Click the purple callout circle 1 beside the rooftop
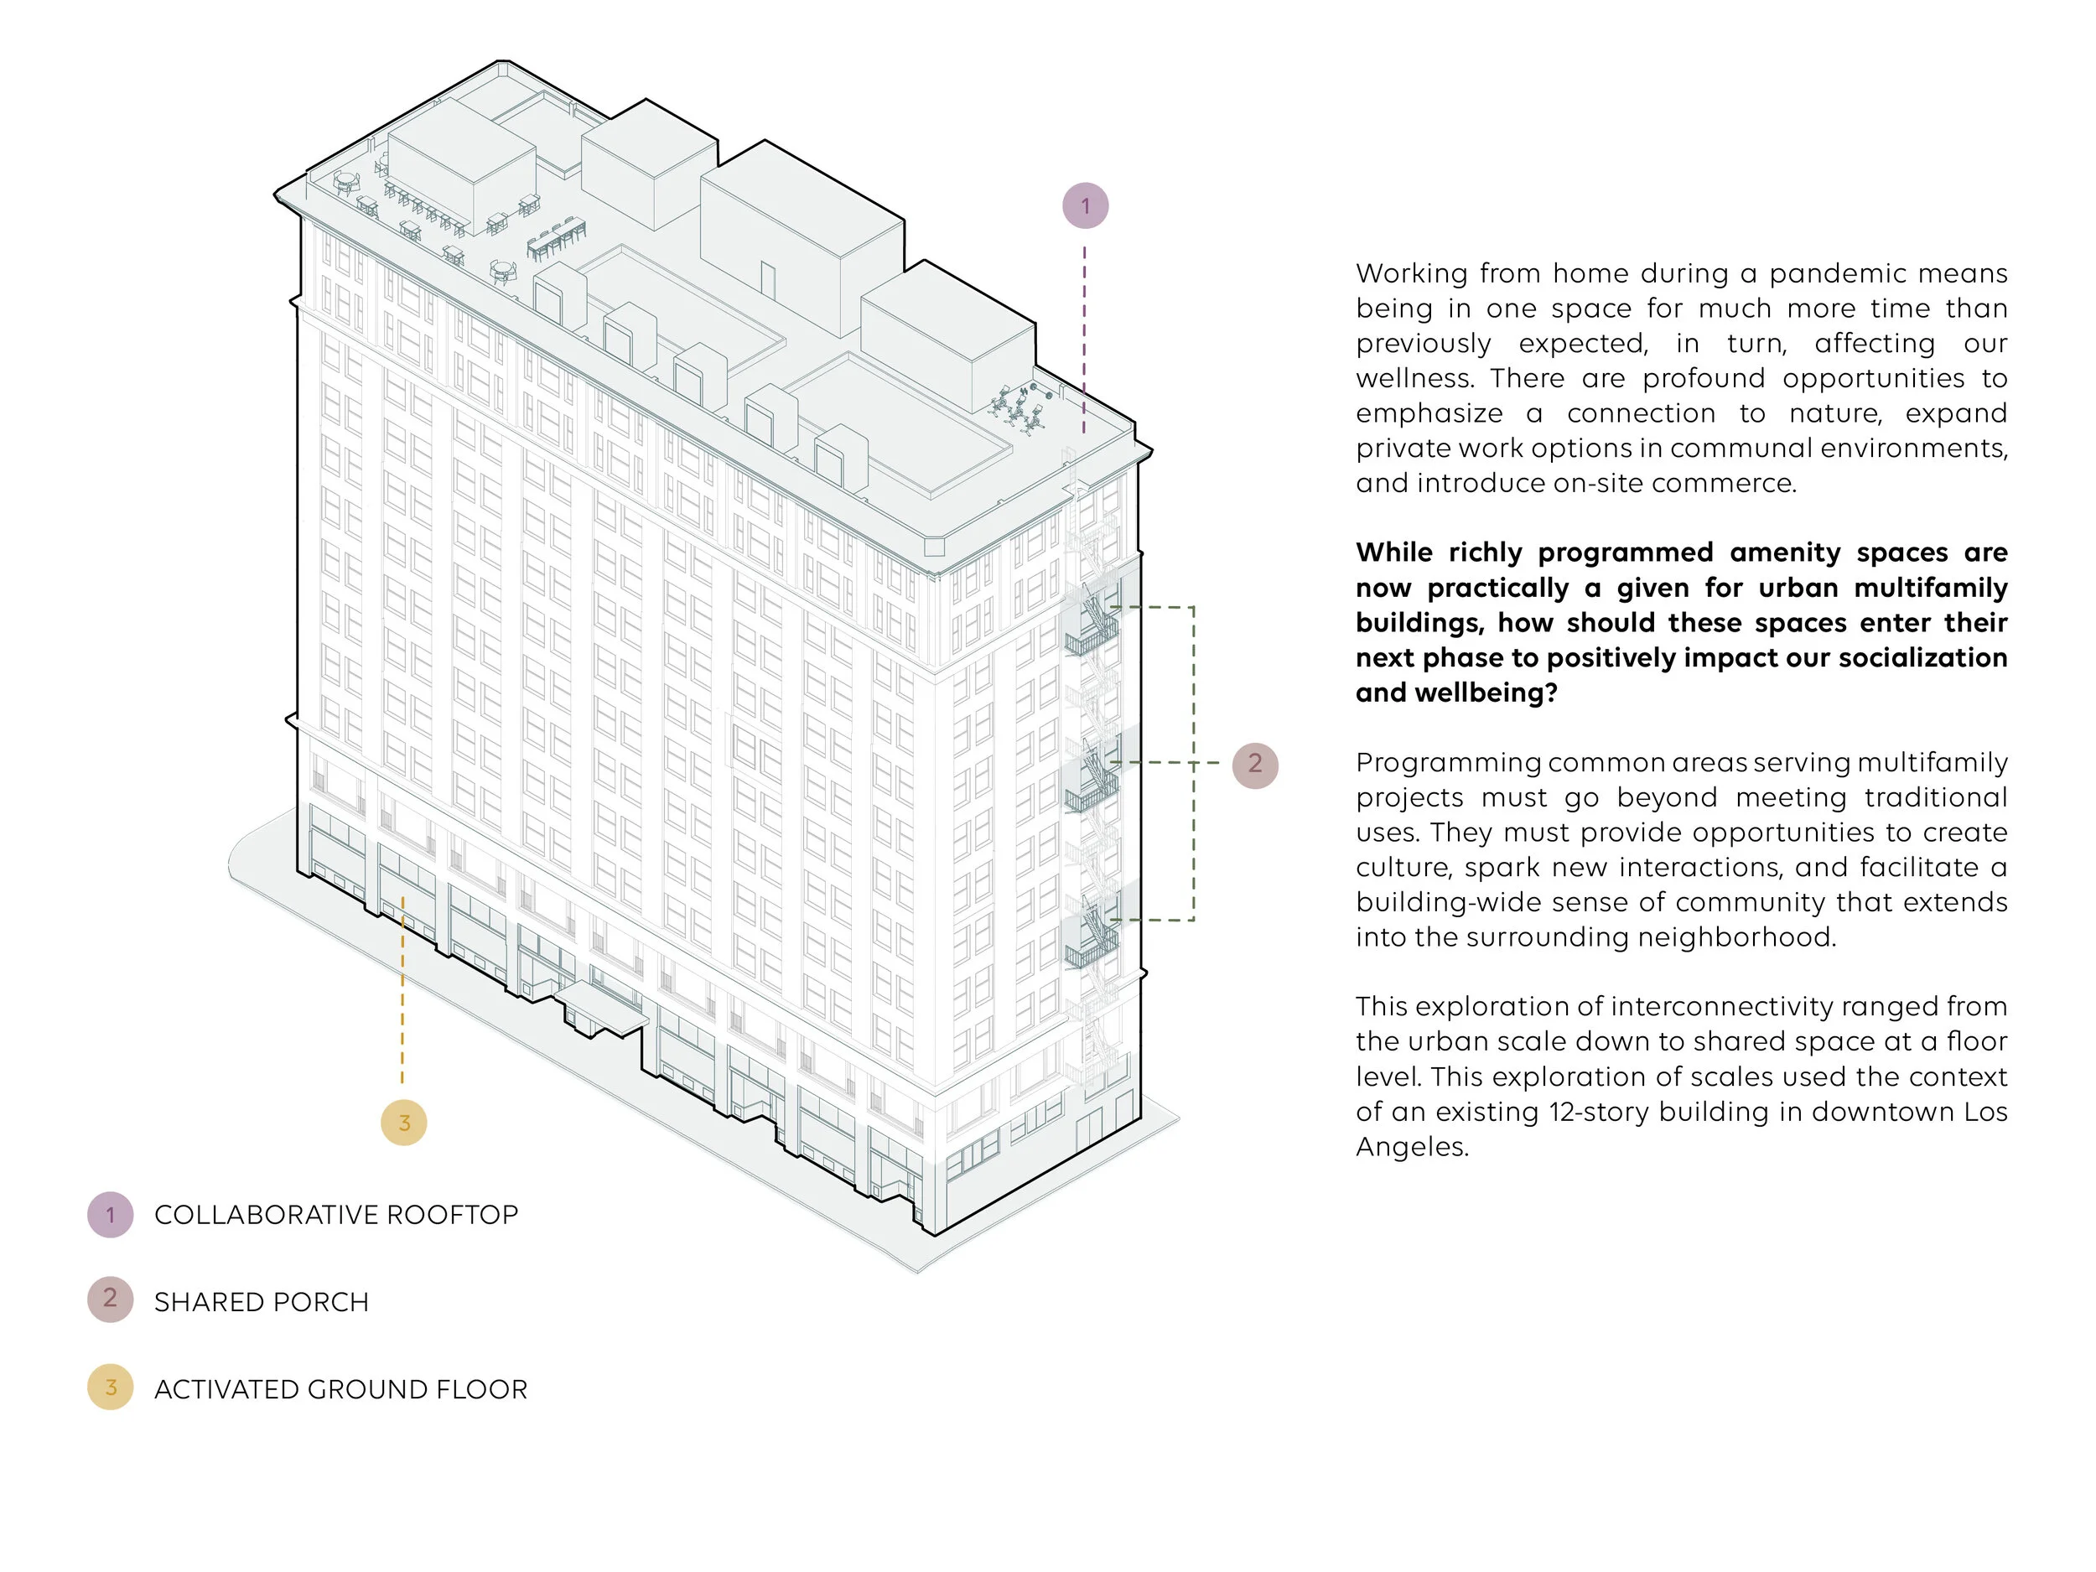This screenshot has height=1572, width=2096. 1085,205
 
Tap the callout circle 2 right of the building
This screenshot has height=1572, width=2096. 1254,765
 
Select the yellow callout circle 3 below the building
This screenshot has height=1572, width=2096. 403,1123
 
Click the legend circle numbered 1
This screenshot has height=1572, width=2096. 110,1215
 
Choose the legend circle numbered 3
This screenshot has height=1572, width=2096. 110,1388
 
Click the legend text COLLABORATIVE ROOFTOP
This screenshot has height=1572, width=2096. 335,1215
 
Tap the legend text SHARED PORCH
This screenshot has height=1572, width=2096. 262,1302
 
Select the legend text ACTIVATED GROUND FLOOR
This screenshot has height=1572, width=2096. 340,1389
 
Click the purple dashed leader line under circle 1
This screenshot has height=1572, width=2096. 1085,332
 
